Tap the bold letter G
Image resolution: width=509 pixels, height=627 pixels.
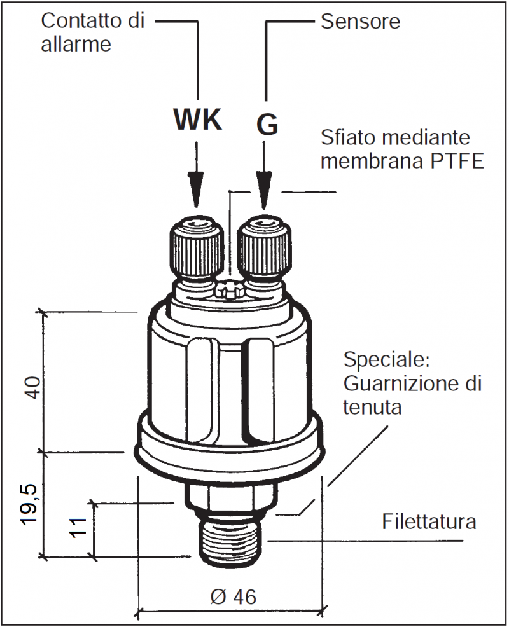point(267,124)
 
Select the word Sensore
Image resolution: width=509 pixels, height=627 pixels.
point(360,22)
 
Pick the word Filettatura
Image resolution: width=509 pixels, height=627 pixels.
point(429,522)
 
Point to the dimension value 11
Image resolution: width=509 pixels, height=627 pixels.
point(78,527)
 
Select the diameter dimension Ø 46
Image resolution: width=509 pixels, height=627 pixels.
point(232,596)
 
